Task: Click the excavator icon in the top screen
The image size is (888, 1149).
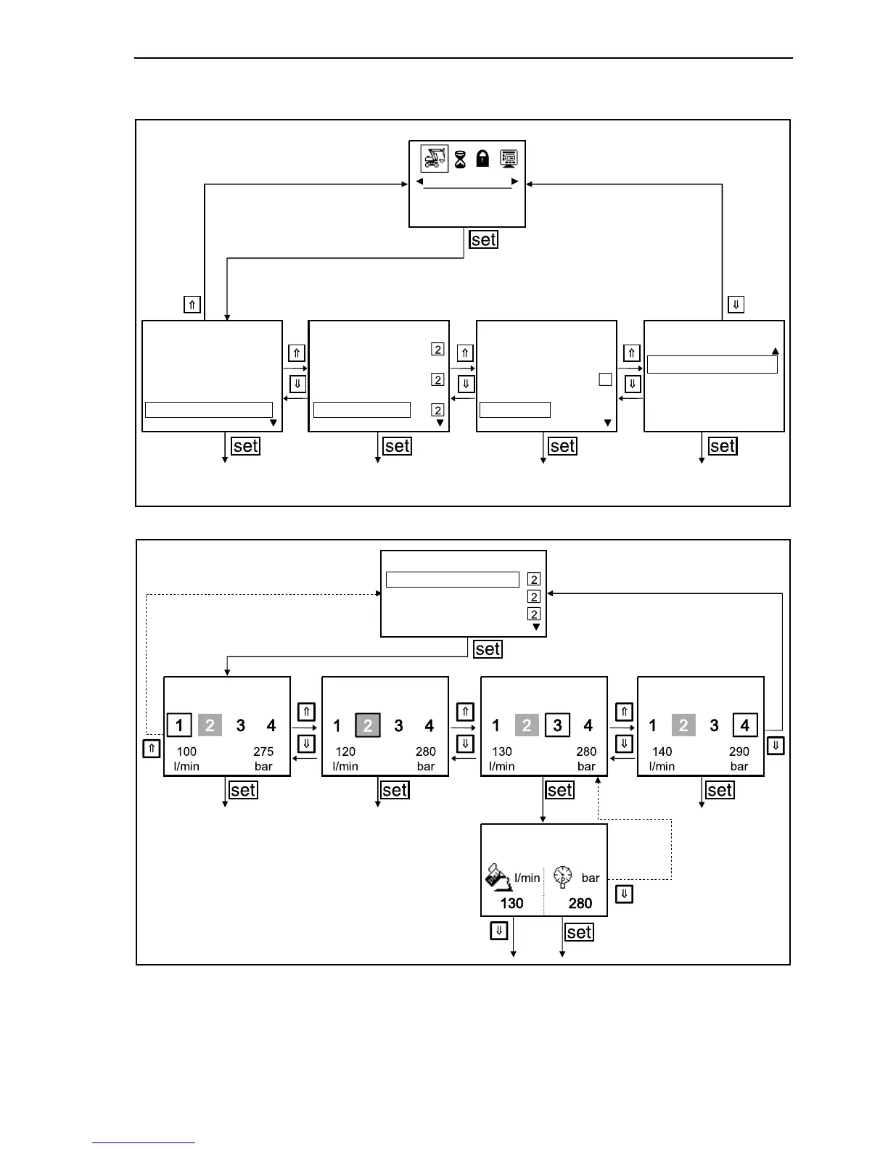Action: coord(435,158)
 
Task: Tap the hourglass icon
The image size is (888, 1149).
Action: coord(460,159)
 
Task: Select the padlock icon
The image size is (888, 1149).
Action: coord(482,158)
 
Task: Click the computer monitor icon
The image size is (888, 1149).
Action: coord(509,158)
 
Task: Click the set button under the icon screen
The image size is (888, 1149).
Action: coord(483,239)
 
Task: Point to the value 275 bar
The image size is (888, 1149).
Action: coord(263,751)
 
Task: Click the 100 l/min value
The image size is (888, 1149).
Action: coord(186,751)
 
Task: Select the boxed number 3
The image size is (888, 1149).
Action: coord(557,725)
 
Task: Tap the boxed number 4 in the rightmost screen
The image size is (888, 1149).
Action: coord(744,725)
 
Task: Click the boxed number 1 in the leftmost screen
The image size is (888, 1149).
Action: coord(179,725)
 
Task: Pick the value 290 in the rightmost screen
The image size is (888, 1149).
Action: coord(739,751)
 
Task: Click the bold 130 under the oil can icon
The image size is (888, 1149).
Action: coord(511,903)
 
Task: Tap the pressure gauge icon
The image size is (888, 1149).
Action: coord(562,876)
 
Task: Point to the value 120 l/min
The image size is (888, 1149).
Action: coord(345,751)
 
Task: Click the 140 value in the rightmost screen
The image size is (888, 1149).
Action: coord(662,751)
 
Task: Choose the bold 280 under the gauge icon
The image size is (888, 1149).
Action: coord(580,903)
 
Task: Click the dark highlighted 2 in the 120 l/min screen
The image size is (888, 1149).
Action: coord(368,725)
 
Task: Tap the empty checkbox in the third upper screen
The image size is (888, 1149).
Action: coord(605,379)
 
